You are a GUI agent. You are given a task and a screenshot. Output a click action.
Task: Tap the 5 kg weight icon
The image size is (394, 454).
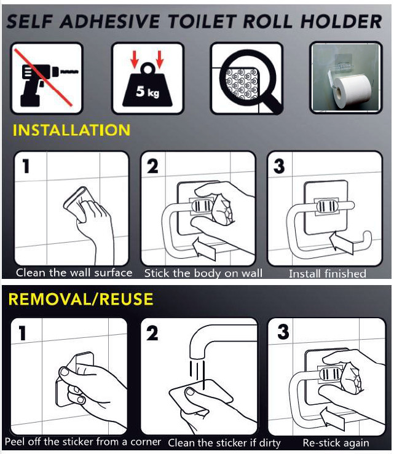point(148,84)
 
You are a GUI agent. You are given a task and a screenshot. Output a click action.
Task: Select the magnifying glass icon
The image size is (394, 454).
point(247,79)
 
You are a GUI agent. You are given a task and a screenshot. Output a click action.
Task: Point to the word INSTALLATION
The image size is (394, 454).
point(71,130)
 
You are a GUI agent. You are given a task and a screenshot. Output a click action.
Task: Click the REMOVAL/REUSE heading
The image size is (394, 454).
point(81,299)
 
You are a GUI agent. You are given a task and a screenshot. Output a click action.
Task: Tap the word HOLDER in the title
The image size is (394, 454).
point(341,22)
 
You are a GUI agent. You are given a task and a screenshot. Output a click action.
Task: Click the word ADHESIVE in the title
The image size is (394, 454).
point(110,22)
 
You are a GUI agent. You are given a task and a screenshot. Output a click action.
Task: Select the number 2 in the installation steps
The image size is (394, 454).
point(152,166)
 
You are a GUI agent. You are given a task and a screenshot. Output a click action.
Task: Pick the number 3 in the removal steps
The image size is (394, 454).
point(283,332)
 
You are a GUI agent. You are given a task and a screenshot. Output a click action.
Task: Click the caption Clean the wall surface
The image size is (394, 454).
point(74,273)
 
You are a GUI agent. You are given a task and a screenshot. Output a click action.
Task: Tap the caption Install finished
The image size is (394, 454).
point(328,273)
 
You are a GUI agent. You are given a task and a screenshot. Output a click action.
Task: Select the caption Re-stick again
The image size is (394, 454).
point(336,443)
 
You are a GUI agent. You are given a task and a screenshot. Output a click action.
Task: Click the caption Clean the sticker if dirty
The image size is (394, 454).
point(224,443)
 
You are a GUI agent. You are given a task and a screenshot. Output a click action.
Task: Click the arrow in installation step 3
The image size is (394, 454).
point(342,242)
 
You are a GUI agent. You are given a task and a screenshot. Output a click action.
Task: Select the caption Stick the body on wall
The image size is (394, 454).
point(203,273)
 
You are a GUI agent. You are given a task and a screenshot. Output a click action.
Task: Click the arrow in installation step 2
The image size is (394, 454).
point(204,248)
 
